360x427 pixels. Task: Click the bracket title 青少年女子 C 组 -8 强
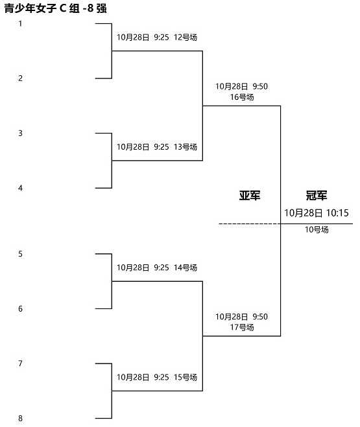[x=55, y=8]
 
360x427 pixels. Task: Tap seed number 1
[x=20, y=24]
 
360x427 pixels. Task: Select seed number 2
[x=20, y=78]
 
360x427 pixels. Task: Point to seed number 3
[x=20, y=133]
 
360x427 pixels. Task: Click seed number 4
[x=20, y=188]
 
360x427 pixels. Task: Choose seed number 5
[x=20, y=254]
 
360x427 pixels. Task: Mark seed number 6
[x=20, y=308]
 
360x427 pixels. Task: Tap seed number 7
[x=20, y=364]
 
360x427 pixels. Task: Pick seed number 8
[x=20, y=419]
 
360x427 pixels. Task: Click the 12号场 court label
[x=186, y=37]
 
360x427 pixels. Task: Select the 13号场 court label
[x=186, y=147]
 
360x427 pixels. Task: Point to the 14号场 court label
[x=186, y=268]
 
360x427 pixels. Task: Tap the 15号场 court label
[x=186, y=377]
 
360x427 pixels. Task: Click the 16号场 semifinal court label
[x=242, y=97]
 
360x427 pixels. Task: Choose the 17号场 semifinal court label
[x=242, y=327]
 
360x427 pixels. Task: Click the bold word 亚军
[x=250, y=195]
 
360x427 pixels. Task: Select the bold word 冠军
[x=317, y=195]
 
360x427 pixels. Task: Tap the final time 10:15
[x=337, y=213]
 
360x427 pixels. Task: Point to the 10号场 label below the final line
[x=317, y=229]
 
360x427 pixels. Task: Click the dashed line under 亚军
[x=250, y=224]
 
